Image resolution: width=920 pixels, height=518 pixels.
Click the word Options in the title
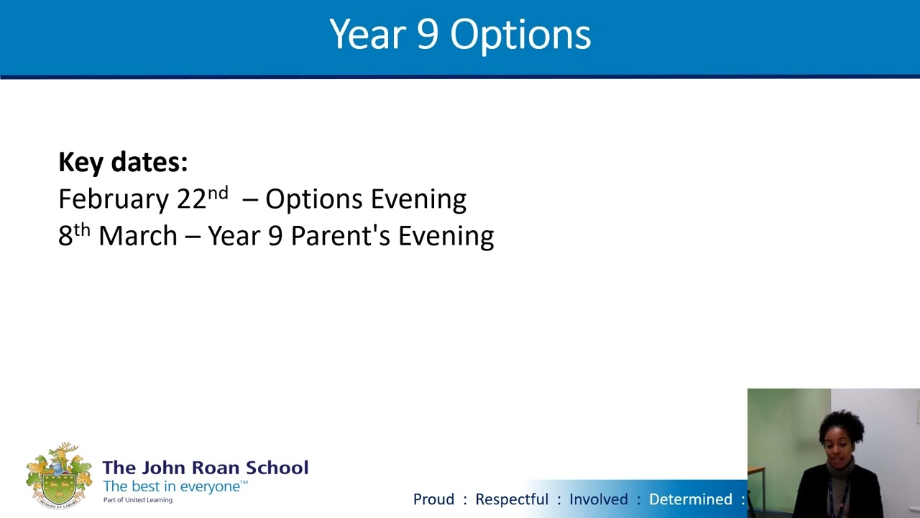click(x=520, y=35)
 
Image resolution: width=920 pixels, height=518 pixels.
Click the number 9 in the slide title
click(x=426, y=35)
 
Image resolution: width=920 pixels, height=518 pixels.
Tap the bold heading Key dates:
click(x=123, y=162)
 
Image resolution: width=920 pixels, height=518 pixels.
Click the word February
click(x=114, y=199)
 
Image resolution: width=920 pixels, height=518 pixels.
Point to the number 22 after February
click(x=191, y=199)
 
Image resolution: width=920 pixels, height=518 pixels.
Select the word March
click(x=137, y=236)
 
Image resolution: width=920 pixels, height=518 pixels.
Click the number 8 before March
click(x=65, y=236)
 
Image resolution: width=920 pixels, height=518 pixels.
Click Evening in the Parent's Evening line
click(x=446, y=236)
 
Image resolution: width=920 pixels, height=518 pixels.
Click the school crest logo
click(x=59, y=476)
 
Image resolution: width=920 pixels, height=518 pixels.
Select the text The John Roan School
click(x=205, y=468)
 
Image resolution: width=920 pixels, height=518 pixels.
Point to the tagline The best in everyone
click(x=175, y=486)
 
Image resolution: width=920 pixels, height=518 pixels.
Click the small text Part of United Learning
click(x=137, y=500)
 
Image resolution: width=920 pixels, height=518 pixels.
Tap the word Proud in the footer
click(x=433, y=499)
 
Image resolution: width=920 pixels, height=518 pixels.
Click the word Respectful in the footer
click(x=511, y=499)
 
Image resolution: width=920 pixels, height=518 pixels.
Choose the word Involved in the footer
click(x=598, y=499)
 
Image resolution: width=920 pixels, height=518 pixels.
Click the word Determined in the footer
click(x=690, y=499)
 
